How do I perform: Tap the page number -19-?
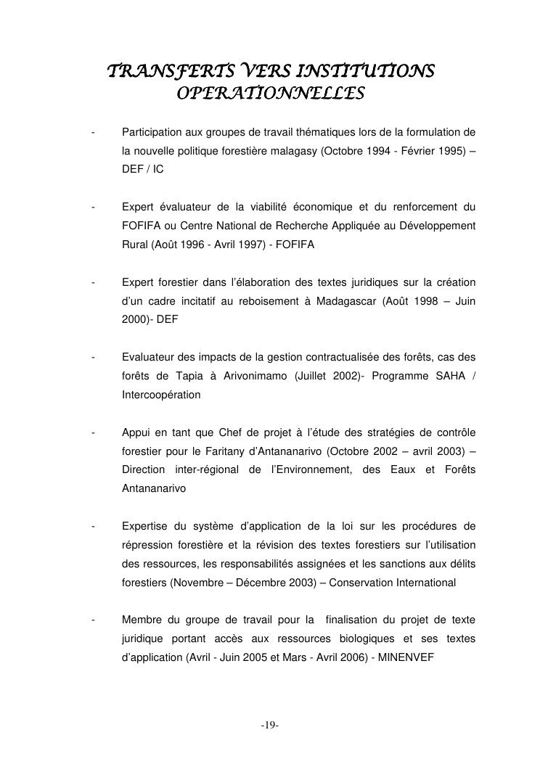pyautogui.click(x=270, y=726)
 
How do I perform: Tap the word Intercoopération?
pyautogui.click(x=161, y=395)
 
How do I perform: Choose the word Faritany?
pyautogui.click(x=217, y=451)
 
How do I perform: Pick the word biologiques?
pyautogui.click(x=367, y=638)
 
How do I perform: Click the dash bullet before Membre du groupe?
pyautogui.click(x=94, y=620)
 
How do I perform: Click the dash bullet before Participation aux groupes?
pyautogui.click(x=94, y=132)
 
